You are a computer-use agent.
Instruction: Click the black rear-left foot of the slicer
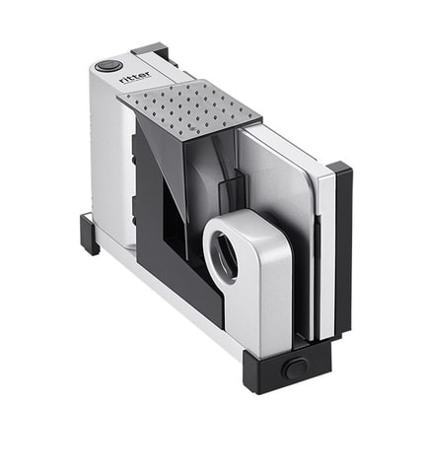(x=90, y=234)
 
